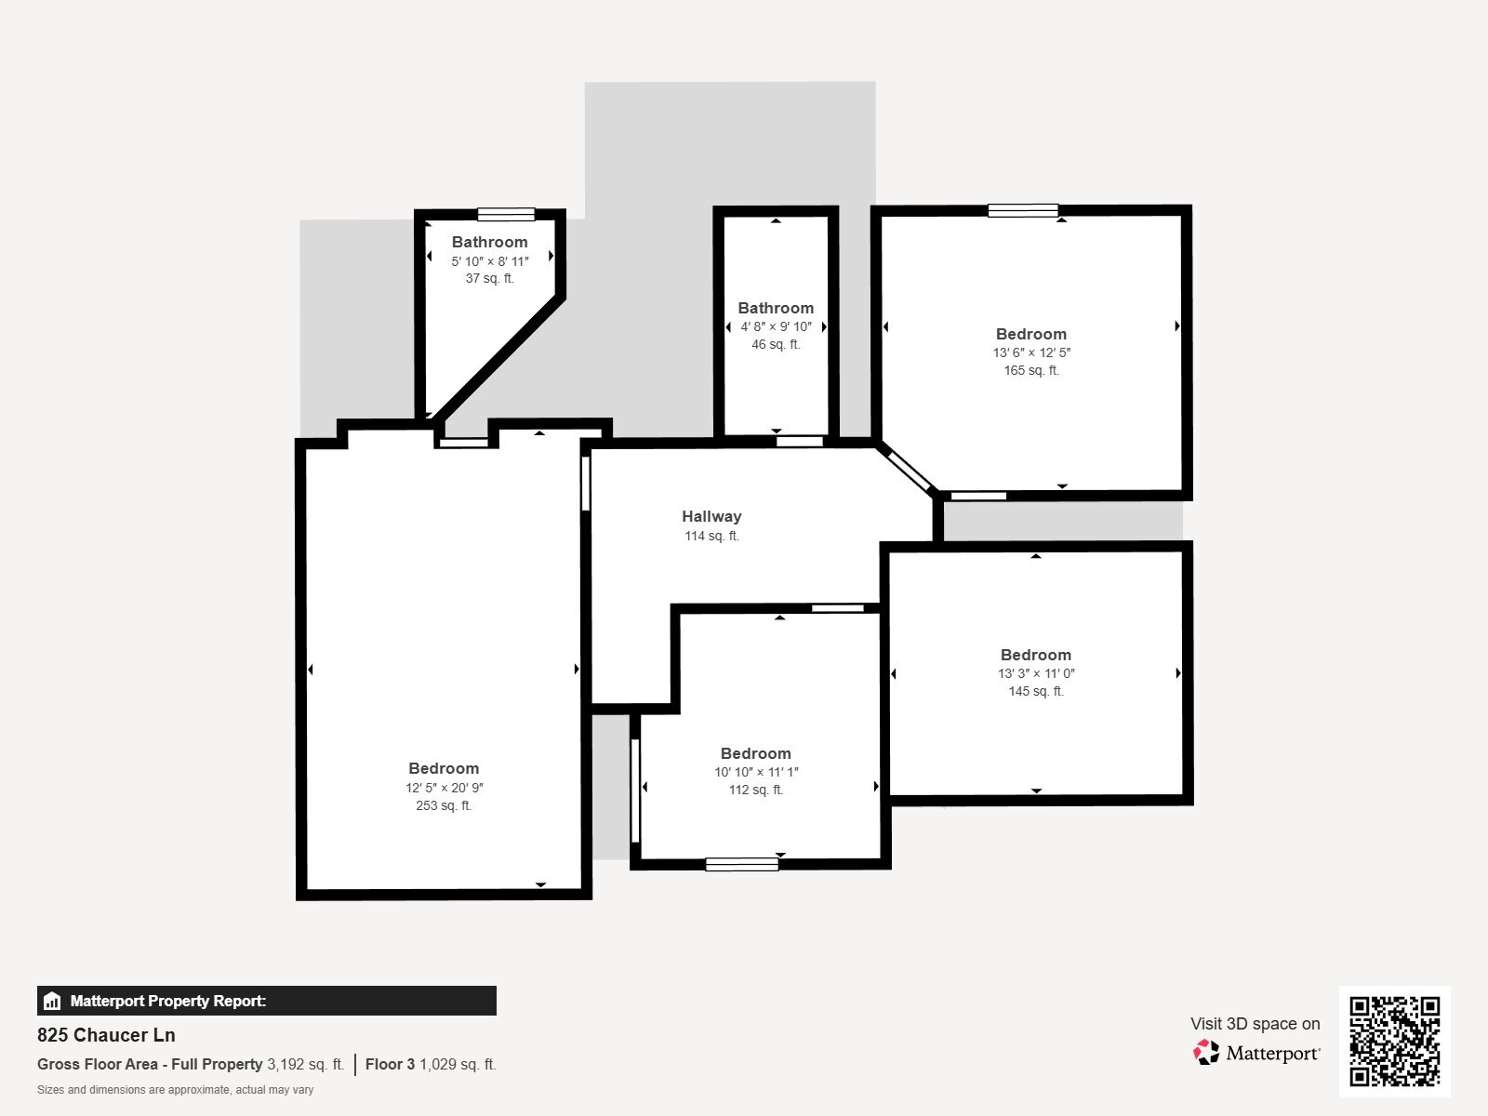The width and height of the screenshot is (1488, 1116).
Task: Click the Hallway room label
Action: pyautogui.click(x=711, y=516)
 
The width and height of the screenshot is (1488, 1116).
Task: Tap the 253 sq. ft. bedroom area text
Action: pyautogui.click(x=444, y=805)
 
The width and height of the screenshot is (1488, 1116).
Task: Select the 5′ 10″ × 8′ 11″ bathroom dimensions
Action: pyautogui.click(x=490, y=261)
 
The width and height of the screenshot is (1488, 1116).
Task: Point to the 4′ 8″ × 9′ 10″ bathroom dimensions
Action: pyautogui.click(x=776, y=326)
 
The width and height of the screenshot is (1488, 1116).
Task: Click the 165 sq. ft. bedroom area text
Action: pyautogui.click(x=1031, y=370)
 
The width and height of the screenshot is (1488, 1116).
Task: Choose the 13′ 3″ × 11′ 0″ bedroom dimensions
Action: pyautogui.click(x=1036, y=673)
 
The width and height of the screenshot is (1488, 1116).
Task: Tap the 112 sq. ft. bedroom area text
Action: pyautogui.click(x=755, y=790)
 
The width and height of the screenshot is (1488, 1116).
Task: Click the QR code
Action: pyautogui.click(x=1394, y=1041)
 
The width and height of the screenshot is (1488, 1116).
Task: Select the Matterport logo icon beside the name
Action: pyautogui.click(x=1206, y=1053)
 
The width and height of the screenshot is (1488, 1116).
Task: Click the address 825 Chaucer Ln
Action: pyautogui.click(x=106, y=1035)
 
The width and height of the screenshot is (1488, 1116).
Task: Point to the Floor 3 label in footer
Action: pyautogui.click(x=390, y=1064)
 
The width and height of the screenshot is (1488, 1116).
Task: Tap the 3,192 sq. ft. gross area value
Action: pyautogui.click(x=305, y=1064)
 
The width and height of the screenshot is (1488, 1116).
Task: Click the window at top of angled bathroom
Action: pyautogui.click(x=506, y=215)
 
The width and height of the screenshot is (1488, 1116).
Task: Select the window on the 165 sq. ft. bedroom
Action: pyautogui.click(x=1023, y=211)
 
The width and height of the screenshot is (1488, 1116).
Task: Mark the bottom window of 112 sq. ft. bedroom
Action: pyautogui.click(x=741, y=865)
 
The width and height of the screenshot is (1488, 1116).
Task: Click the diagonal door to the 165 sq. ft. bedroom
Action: pyautogui.click(x=907, y=470)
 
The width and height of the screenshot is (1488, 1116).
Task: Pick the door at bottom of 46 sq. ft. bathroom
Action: pyautogui.click(x=800, y=441)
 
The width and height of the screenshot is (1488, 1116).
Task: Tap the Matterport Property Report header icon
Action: pyautogui.click(x=52, y=1001)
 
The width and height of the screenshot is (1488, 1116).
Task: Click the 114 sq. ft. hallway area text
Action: pyautogui.click(x=711, y=536)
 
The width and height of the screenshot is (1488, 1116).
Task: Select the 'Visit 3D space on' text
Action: pyautogui.click(x=1255, y=1023)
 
